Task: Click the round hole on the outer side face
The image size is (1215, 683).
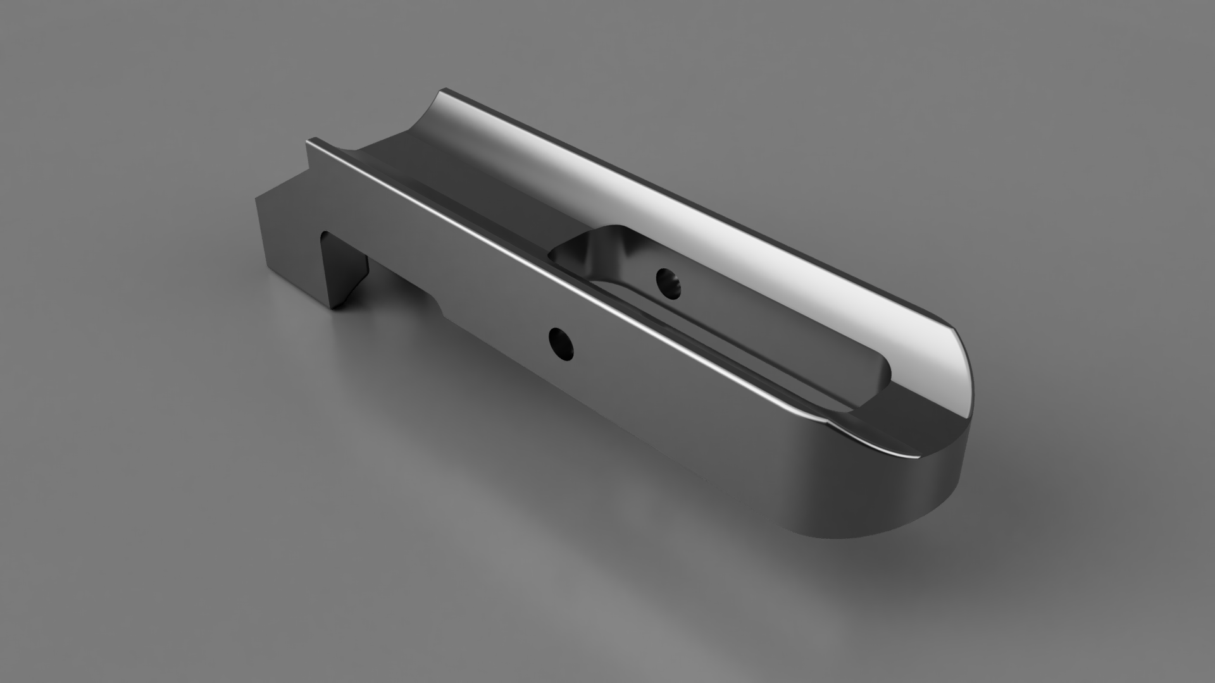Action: pyautogui.click(x=561, y=343)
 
